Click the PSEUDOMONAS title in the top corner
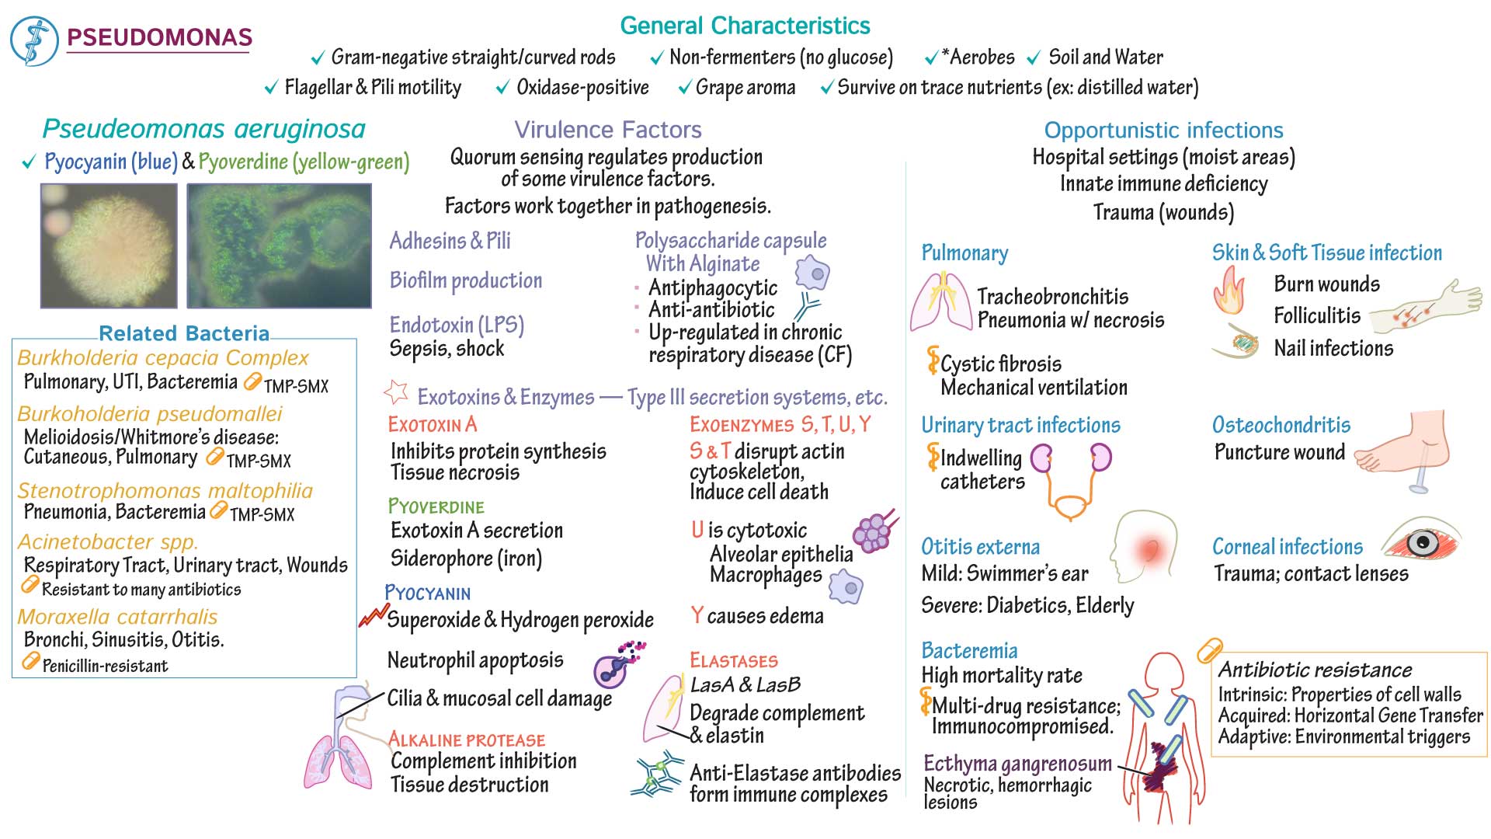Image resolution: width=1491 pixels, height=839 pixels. pos(159,37)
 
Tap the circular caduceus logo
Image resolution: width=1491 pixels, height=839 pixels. pos(34,40)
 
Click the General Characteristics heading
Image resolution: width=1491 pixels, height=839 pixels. pos(744,26)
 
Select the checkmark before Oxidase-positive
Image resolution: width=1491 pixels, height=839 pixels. pos(503,89)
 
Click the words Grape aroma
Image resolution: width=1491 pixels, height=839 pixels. pos(745,88)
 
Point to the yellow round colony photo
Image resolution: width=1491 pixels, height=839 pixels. pos(109,245)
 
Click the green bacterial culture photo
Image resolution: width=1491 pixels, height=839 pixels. pos(279,245)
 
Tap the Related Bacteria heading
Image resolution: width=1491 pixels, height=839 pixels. pos(184,333)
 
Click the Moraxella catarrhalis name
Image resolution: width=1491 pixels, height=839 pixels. pos(117,617)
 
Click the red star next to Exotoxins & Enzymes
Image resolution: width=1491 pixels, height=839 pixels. pos(397,392)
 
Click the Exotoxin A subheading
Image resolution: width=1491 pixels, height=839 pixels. pos(433,425)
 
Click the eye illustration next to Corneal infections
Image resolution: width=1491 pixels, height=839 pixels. pos(1422,541)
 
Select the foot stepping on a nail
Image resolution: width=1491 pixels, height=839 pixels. pos(1406,451)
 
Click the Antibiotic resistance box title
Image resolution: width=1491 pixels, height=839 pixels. pos(1315,670)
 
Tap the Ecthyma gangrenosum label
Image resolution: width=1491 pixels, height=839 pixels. pos(1017,764)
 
